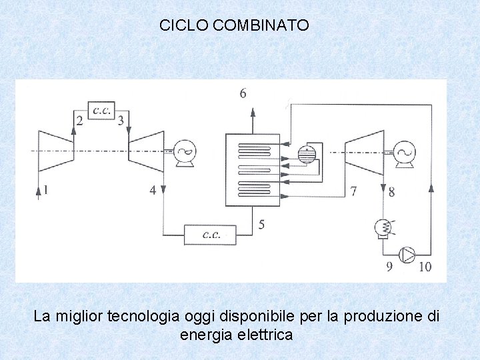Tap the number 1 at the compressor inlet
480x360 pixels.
click(45, 191)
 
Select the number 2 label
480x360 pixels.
click(80, 121)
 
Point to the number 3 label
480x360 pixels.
click(121, 121)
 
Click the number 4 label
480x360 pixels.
click(153, 191)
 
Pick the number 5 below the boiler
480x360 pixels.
click(261, 225)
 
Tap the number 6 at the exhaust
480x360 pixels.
click(242, 94)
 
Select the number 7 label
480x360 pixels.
click(353, 191)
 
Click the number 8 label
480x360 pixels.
click(391, 193)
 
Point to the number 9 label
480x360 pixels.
click(389, 267)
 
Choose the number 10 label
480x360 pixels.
click(424, 267)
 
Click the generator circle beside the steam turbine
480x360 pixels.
click(403, 152)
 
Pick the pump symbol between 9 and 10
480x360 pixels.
click(407, 254)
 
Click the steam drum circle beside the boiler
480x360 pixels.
click(307, 154)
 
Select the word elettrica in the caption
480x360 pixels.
click(263, 335)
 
